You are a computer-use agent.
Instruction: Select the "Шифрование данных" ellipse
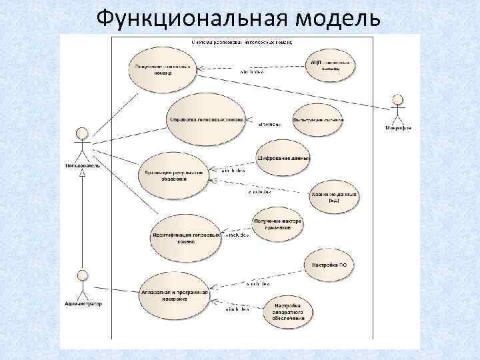pos(283,158)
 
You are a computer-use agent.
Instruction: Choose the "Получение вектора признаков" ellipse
pos(277,225)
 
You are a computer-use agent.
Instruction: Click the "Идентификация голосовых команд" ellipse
pos(186,239)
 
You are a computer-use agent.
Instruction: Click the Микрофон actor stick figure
pos(398,109)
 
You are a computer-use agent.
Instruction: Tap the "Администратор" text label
pos(84,304)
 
